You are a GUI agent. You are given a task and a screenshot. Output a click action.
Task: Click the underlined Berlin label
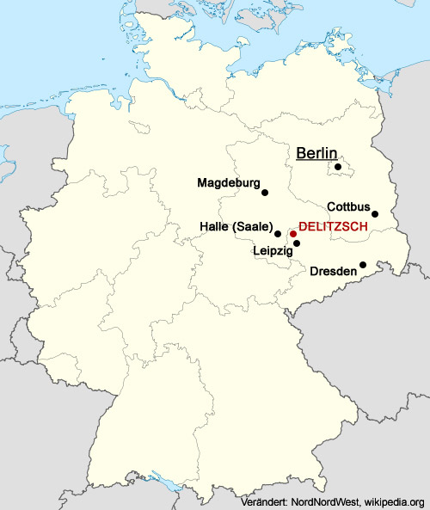(x=316, y=153)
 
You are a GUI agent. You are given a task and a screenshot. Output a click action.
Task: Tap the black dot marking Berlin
(x=339, y=167)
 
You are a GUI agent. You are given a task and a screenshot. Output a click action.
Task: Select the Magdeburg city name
(x=228, y=182)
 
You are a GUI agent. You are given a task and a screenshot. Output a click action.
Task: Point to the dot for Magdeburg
(x=265, y=193)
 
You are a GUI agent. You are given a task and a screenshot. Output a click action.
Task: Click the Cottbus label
(x=348, y=207)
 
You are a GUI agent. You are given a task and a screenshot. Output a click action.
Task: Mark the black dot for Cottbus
(x=375, y=214)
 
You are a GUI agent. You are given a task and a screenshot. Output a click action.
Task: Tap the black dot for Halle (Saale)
(x=278, y=233)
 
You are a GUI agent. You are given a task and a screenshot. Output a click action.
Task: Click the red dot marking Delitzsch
(x=293, y=233)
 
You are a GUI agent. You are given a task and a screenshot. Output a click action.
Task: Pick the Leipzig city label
(x=273, y=251)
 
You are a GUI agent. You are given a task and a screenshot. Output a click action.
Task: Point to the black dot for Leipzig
(x=297, y=243)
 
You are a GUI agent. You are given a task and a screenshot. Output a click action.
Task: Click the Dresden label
(x=333, y=271)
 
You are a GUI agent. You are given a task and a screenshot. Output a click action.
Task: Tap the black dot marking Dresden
(x=364, y=265)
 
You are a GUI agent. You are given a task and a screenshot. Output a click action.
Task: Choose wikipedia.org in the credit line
(x=395, y=501)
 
